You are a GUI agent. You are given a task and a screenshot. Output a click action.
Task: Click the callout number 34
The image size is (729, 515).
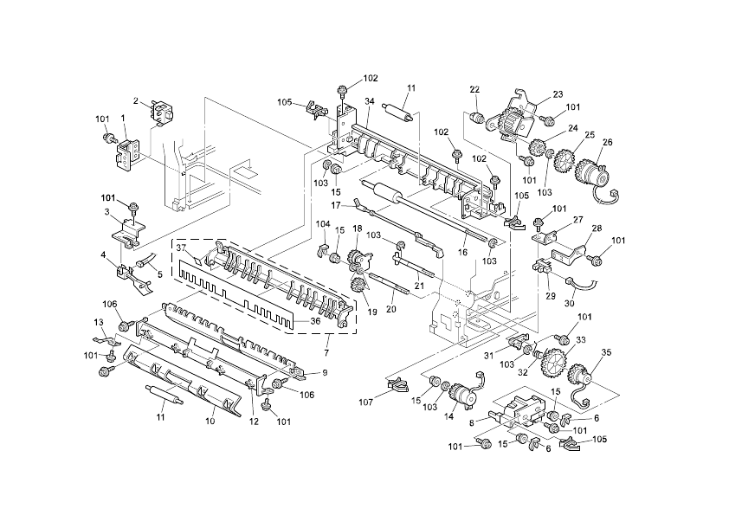tap(369, 101)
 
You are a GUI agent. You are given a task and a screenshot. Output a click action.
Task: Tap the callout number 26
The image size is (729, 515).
tap(607, 142)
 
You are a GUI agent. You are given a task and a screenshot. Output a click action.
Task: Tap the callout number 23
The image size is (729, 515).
tap(558, 95)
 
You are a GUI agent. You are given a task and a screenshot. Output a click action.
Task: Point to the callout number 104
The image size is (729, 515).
tap(323, 224)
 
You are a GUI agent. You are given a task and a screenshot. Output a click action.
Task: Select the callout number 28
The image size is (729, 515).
tap(596, 229)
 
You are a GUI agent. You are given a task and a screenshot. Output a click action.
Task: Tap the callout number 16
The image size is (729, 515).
tap(462, 250)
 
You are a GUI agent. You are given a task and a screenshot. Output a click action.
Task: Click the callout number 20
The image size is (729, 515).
tap(390, 308)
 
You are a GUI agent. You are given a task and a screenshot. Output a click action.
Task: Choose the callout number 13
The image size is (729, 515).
tap(98, 322)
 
